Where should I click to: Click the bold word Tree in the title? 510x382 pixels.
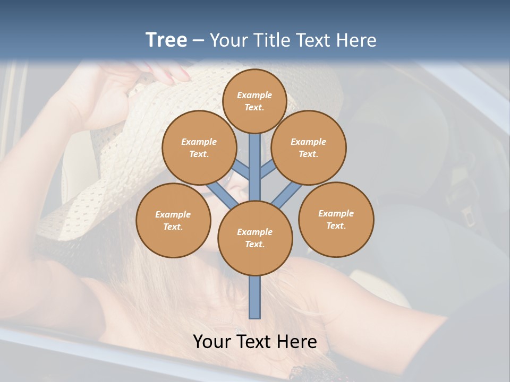pyautogui.click(x=166, y=40)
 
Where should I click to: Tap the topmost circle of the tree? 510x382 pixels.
pyautogui.click(x=254, y=101)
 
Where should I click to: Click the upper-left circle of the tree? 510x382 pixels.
pyautogui.click(x=199, y=147)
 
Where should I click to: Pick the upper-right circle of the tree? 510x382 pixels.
pyautogui.click(x=309, y=147)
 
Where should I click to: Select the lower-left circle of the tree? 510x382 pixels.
pyautogui.click(x=173, y=220)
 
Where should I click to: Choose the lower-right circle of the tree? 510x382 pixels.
pyautogui.click(x=336, y=219)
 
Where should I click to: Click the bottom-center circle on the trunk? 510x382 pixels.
pyautogui.click(x=255, y=238)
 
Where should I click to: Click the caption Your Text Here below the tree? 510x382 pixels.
pyautogui.click(x=255, y=342)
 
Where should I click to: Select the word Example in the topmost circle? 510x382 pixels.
pyautogui.click(x=254, y=95)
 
